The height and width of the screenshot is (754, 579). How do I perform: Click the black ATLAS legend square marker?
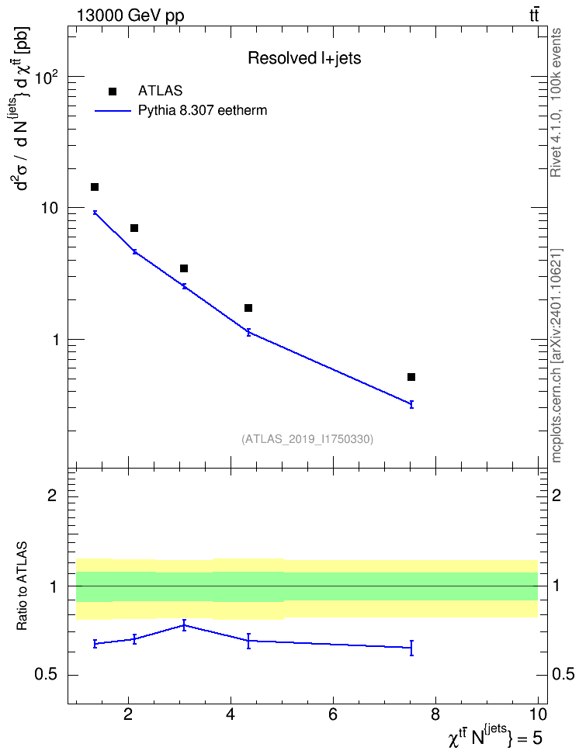tap(113, 92)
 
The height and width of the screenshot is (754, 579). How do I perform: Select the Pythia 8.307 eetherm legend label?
tap(202, 111)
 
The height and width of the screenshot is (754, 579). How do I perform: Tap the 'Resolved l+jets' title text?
tap(304, 58)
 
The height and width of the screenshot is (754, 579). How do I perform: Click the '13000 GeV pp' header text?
tap(130, 16)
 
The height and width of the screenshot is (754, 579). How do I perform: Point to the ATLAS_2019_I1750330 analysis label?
tap(307, 438)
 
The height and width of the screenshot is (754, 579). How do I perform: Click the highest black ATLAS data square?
tap(95, 187)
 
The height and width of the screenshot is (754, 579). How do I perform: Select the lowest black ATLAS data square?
tap(411, 377)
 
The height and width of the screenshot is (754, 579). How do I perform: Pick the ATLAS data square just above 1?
tap(248, 308)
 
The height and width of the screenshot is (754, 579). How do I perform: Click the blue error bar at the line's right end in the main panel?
tap(411, 404)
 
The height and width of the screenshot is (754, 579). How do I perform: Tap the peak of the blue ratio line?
tap(185, 625)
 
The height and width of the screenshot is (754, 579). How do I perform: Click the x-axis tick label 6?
tap(333, 714)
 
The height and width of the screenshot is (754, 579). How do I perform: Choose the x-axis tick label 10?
tap(538, 714)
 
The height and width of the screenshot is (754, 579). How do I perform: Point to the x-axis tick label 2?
tap(128, 714)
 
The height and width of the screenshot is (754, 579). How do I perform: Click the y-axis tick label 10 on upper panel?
tap(50, 208)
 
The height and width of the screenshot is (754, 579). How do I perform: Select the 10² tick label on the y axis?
tap(47, 77)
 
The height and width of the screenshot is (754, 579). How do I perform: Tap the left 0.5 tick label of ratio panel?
tap(47, 675)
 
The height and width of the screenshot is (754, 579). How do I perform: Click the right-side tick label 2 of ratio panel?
tap(556, 495)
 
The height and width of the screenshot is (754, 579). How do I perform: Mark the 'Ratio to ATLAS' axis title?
tap(22, 586)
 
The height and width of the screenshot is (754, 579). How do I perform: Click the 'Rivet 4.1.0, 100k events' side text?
tap(556, 102)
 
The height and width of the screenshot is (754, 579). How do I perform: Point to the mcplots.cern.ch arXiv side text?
tap(556, 356)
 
